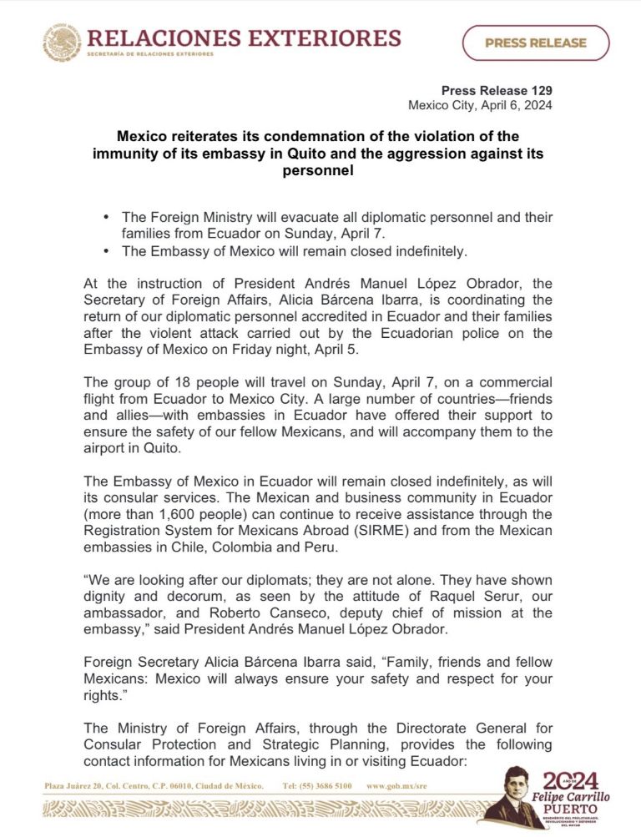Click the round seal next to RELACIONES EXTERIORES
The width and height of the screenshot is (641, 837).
click(62, 42)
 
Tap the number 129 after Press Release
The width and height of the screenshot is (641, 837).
click(539, 91)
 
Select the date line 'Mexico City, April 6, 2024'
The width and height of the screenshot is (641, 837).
click(480, 105)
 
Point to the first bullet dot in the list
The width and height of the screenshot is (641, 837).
click(106, 216)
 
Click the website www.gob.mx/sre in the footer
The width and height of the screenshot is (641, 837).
click(397, 786)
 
